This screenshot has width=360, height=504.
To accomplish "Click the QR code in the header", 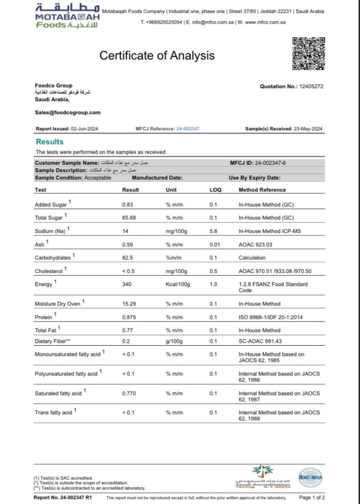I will click(309, 53).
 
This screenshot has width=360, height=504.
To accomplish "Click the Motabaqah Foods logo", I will click(68, 16).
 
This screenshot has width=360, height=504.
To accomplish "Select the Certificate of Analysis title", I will click(157, 55).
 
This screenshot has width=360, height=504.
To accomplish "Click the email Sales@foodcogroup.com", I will click(67, 112).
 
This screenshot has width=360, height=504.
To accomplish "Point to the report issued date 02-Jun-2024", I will click(84, 129).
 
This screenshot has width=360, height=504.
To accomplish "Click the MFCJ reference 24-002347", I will click(188, 129).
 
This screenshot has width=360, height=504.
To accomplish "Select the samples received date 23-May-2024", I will click(308, 129).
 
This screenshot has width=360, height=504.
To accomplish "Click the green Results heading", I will click(49, 142).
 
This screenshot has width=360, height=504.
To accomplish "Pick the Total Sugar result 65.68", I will click(130, 218).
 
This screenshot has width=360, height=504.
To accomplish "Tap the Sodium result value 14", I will click(126, 231).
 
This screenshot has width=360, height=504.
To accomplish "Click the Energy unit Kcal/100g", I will click(177, 284).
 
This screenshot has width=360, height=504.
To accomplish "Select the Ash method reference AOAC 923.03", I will click(255, 244).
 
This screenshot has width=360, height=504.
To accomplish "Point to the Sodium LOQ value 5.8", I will click(213, 231).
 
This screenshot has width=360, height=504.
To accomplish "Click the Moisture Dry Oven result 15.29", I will click(130, 304).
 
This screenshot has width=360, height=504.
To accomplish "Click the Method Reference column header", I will click(262, 190).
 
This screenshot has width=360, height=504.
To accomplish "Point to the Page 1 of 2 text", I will click(312, 497).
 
